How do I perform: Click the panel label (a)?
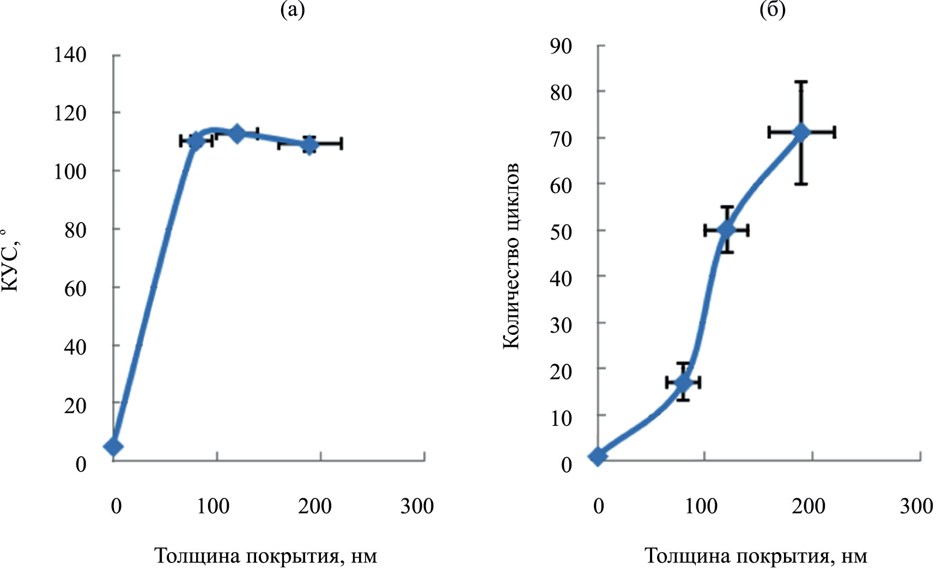pyautogui.click(x=292, y=10)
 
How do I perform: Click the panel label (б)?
pyautogui.click(x=773, y=10)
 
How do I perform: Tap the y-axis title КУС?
pyautogui.click(x=11, y=261)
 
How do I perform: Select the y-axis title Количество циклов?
pyautogui.click(x=511, y=256)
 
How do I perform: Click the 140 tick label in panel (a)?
pyautogui.click(x=70, y=54)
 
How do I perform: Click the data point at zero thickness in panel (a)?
pyautogui.click(x=113, y=446)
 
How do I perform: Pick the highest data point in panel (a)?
pyautogui.click(x=237, y=133)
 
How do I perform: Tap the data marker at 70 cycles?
pyautogui.click(x=801, y=132)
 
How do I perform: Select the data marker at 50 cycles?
pyautogui.click(x=726, y=230)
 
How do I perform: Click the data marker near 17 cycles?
pyautogui.click(x=683, y=382)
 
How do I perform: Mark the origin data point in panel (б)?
pyautogui.click(x=598, y=456)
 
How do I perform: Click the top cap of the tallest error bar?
pyautogui.click(x=801, y=82)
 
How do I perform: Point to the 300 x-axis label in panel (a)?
pyautogui.click(x=417, y=506)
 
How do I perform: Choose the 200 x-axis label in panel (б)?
pyautogui.click(x=809, y=506)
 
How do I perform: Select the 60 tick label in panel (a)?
pyautogui.click(x=75, y=287)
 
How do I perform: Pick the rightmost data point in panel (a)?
pyautogui.click(x=309, y=145)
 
